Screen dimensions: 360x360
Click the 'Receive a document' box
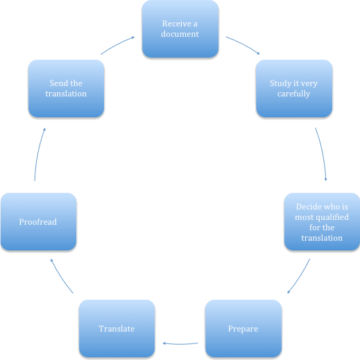180,28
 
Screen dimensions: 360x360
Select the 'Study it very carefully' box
294,88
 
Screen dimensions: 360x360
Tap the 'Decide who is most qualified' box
322,222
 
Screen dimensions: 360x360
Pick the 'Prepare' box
243,329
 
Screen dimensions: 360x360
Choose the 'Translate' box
117,329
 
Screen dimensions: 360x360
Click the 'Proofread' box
38,222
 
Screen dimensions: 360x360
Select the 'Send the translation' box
66,88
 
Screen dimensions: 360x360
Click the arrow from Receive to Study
243,44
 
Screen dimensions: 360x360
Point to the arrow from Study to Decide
323,153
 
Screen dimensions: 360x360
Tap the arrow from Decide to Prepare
300,277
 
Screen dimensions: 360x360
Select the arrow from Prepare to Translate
180,344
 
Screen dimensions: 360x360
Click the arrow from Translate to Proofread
61,277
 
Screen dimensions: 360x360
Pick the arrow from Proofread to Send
38,153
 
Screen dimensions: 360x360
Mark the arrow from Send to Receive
117,44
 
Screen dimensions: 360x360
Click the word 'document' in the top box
180,34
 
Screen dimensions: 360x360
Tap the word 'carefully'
293,94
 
